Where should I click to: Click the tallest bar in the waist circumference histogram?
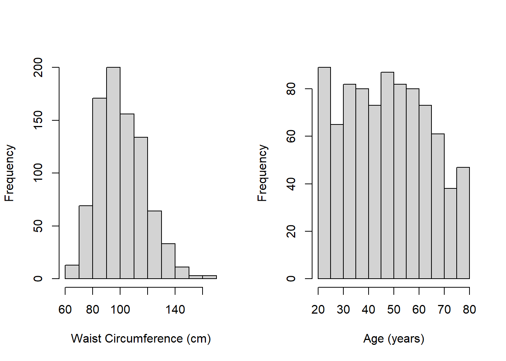click(113, 173)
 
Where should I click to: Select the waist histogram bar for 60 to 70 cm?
click(72, 272)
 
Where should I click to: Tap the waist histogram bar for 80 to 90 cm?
click(99, 188)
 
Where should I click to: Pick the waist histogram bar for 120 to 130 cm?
click(155, 244)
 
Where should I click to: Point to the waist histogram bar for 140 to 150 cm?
click(182, 273)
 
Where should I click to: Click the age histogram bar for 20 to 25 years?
click(325, 173)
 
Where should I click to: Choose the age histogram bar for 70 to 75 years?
click(451, 233)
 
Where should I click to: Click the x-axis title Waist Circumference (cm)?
click(141, 338)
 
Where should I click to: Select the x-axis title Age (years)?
click(394, 338)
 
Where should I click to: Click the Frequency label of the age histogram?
click(262, 173)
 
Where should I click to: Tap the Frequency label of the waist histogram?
click(9, 173)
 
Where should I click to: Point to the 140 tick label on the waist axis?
click(175, 309)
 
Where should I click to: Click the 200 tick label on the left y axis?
click(38, 68)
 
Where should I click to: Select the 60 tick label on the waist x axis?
click(65, 309)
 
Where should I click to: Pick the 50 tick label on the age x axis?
click(394, 309)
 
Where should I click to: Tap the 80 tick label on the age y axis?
click(291, 89)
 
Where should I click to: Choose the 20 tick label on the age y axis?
click(291, 231)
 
